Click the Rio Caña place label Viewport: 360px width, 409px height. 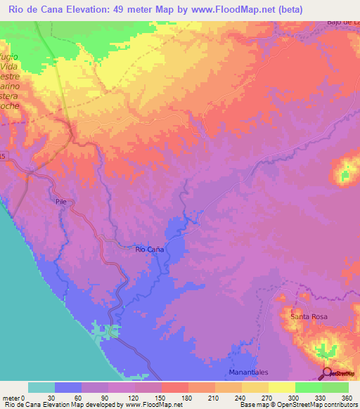pyautogui.click(x=149, y=249)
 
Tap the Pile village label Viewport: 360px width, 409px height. pyautogui.click(x=60, y=201)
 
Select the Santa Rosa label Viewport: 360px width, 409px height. pyautogui.click(x=309, y=317)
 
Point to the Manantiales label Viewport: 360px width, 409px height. pyautogui.click(x=249, y=372)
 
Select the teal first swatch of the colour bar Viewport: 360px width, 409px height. pyautogui.click(x=41, y=387)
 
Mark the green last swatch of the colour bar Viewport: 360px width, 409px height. pyautogui.click(x=335, y=387)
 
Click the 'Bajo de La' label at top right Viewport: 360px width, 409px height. pyautogui.click(x=343, y=22)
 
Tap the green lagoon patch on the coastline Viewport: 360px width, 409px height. pyautogui.click(x=104, y=330)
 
